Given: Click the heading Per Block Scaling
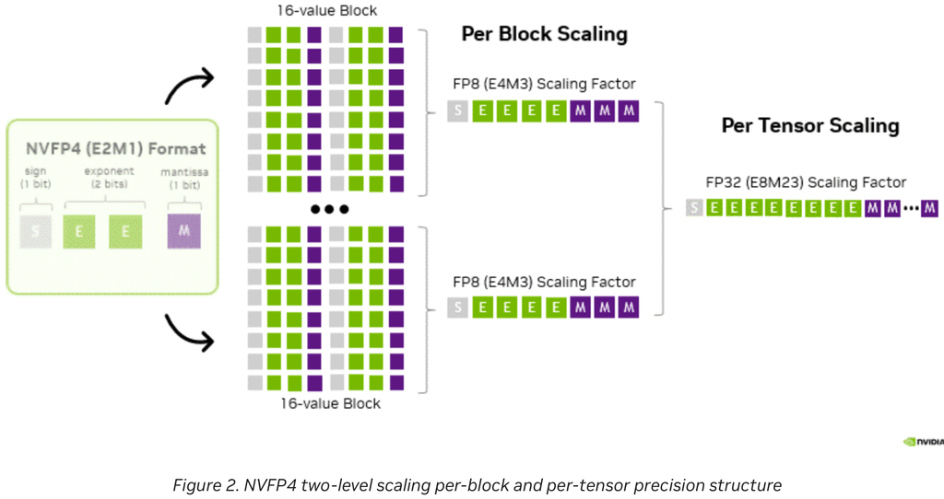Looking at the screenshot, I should pyautogui.click(x=544, y=35).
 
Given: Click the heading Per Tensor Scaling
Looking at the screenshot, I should pyautogui.click(x=809, y=125).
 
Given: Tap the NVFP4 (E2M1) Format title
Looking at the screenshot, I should pyautogui.click(x=115, y=148).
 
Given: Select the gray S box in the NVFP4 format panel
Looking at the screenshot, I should pyautogui.click(x=34, y=231).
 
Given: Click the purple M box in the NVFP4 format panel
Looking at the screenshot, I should pyautogui.click(x=183, y=231).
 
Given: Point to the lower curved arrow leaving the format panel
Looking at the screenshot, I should pyautogui.click(x=189, y=333).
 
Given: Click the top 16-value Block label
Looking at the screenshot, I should pyautogui.click(x=327, y=11).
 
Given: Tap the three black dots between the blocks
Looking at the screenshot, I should pyautogui.click(x=327, y=209).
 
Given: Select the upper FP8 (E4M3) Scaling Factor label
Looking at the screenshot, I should pyautogui.click(x=544, y=85).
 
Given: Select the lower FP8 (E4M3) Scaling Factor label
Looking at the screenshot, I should pyautogui.click(x=544, y=282).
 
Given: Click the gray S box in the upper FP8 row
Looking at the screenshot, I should pyautogui.click(x=457, y=111).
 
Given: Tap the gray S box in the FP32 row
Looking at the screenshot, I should pyautogui.click(x=693, y=208).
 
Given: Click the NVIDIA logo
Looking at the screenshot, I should pyautogui.click(x=923, y=441).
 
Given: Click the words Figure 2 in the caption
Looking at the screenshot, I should pyautogui.click(x=199, y=484).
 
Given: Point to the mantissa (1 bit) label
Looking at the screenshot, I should pyautogui.click(x=183, y=177).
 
